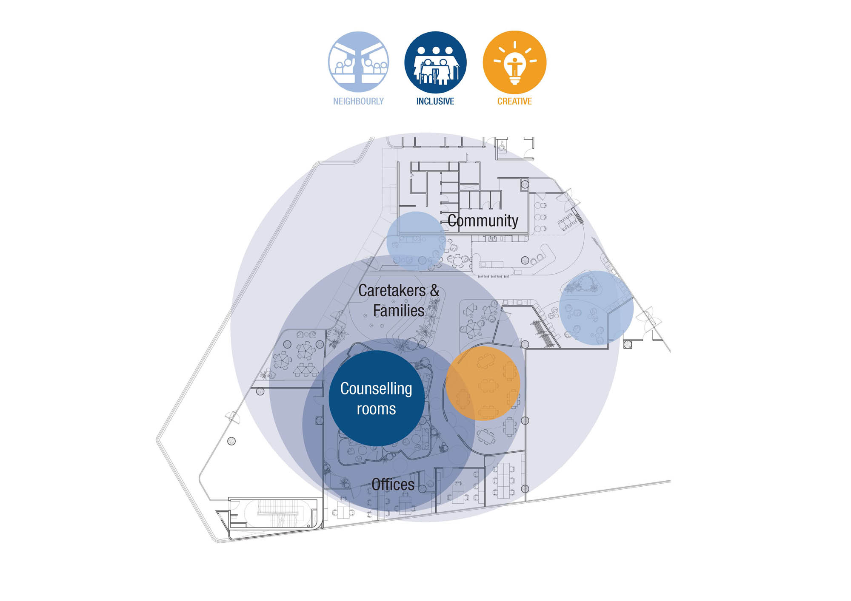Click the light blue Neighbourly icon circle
click(x=358, y=62)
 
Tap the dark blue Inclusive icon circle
click(x=435, y=62)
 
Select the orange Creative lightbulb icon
click(x=514, y=62)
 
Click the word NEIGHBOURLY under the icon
click(x=358, y=101)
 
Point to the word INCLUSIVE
click(x=435, y=101)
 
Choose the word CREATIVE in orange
click(x=514, y=101)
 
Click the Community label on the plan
click(x=483, y=221)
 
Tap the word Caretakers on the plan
click(x=392, y=291)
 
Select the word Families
click(x=399, y=311)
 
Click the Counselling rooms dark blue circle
click(x=377, y=398)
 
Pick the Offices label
click(x=393, y=485)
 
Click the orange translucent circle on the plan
click(x=483, y=383)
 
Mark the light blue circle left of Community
click(x=416, y=241)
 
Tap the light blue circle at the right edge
click(x=597, y=308)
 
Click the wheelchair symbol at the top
click(x=503, y=146)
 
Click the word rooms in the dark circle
click(x=377, y=409)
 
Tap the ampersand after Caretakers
click(x=434, y=291)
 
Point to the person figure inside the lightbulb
click(x=514, y=66)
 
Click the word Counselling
click(x=376, y=389)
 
